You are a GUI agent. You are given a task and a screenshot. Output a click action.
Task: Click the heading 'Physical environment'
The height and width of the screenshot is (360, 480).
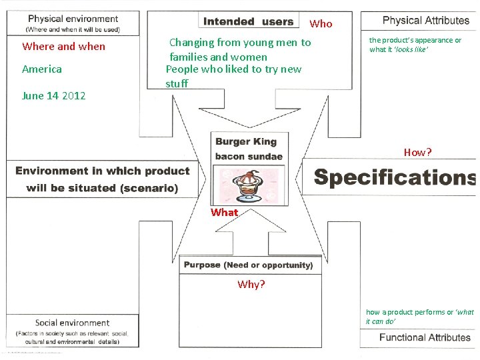coord(73,19)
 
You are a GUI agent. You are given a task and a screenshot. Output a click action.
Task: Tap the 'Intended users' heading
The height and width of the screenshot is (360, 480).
coord(249,21)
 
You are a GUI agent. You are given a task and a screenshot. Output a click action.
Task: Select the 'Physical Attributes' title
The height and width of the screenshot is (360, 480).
coord(426,21)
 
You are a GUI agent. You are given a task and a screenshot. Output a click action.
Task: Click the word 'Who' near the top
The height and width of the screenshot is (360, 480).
coord(321,24)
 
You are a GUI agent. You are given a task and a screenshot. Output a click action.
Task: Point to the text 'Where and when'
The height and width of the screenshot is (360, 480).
coord(63,47)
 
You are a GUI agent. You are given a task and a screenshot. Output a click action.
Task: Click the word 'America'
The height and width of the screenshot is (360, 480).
coord(41,69)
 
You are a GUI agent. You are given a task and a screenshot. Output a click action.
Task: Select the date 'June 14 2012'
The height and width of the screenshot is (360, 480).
coord(53,96)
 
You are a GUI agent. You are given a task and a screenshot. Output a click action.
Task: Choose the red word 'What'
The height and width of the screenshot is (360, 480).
coord(224,213)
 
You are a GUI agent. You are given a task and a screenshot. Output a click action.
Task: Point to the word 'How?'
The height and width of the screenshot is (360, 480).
coord(417,153)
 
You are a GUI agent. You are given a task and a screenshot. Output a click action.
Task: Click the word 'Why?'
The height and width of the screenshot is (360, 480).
coord(251,285)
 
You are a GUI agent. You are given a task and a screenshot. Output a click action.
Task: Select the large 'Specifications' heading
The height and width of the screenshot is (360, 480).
coord(395,177)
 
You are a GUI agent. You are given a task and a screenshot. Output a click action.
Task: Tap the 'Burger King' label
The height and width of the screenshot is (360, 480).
coord(245,141)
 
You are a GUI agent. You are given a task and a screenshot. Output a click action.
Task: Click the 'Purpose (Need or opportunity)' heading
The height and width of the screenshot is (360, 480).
coord(248,265)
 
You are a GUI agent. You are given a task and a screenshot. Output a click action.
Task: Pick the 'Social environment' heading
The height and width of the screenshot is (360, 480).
coord(72,323)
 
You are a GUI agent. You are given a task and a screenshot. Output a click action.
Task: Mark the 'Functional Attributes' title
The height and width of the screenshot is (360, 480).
coord(425,337)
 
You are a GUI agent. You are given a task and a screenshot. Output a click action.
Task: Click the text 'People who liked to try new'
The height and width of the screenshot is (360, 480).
coord(233,69)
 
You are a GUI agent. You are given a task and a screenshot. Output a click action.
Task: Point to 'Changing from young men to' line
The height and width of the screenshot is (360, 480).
coord(240,43)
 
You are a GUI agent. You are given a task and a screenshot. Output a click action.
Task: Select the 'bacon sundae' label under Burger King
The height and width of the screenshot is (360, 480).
coord(249,157)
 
